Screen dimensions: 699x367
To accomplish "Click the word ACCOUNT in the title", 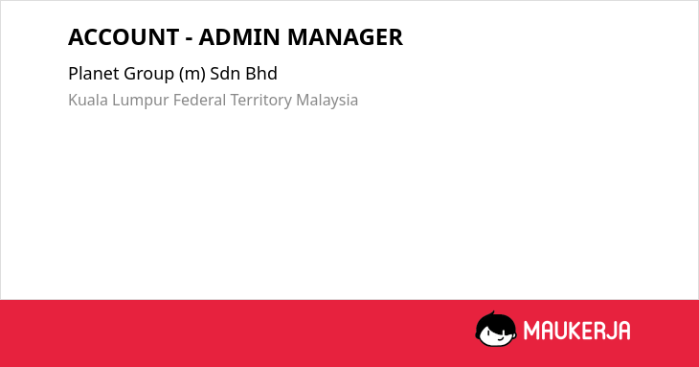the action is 124,37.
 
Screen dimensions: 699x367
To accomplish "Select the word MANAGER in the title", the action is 345,37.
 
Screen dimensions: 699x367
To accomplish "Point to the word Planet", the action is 94,74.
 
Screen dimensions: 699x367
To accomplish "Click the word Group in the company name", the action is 148,75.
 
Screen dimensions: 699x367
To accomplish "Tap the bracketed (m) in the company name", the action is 192,74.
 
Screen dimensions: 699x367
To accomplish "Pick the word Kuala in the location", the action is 88,100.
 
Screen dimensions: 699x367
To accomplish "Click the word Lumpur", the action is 141,101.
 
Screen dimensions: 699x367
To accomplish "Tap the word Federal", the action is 200,100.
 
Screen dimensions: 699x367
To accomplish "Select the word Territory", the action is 260,101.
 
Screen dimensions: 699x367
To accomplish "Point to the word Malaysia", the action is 327,101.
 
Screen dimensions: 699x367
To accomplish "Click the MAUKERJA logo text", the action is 576,331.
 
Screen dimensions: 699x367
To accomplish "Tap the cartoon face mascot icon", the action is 496,330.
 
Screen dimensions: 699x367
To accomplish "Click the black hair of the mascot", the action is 495,320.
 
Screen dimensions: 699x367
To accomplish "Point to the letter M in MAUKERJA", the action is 531,331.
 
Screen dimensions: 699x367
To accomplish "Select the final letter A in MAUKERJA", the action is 623,331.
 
